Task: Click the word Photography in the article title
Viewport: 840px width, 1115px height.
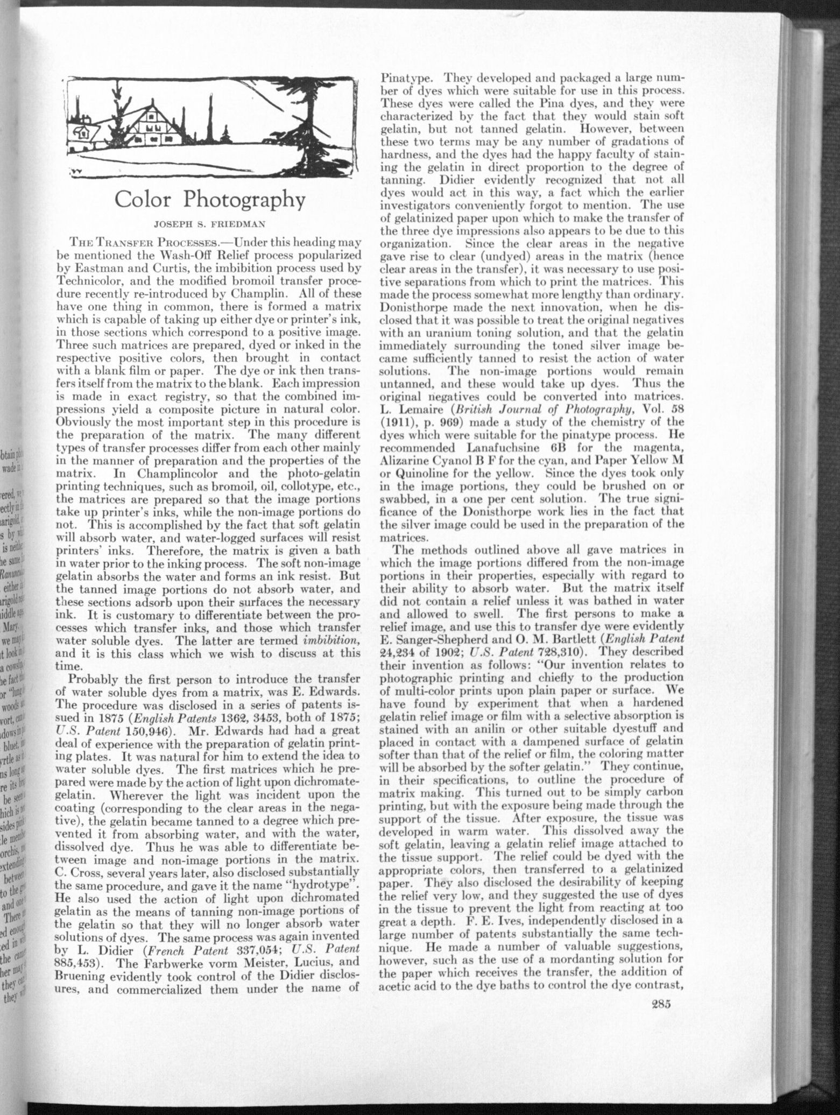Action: tap(244, 200)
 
